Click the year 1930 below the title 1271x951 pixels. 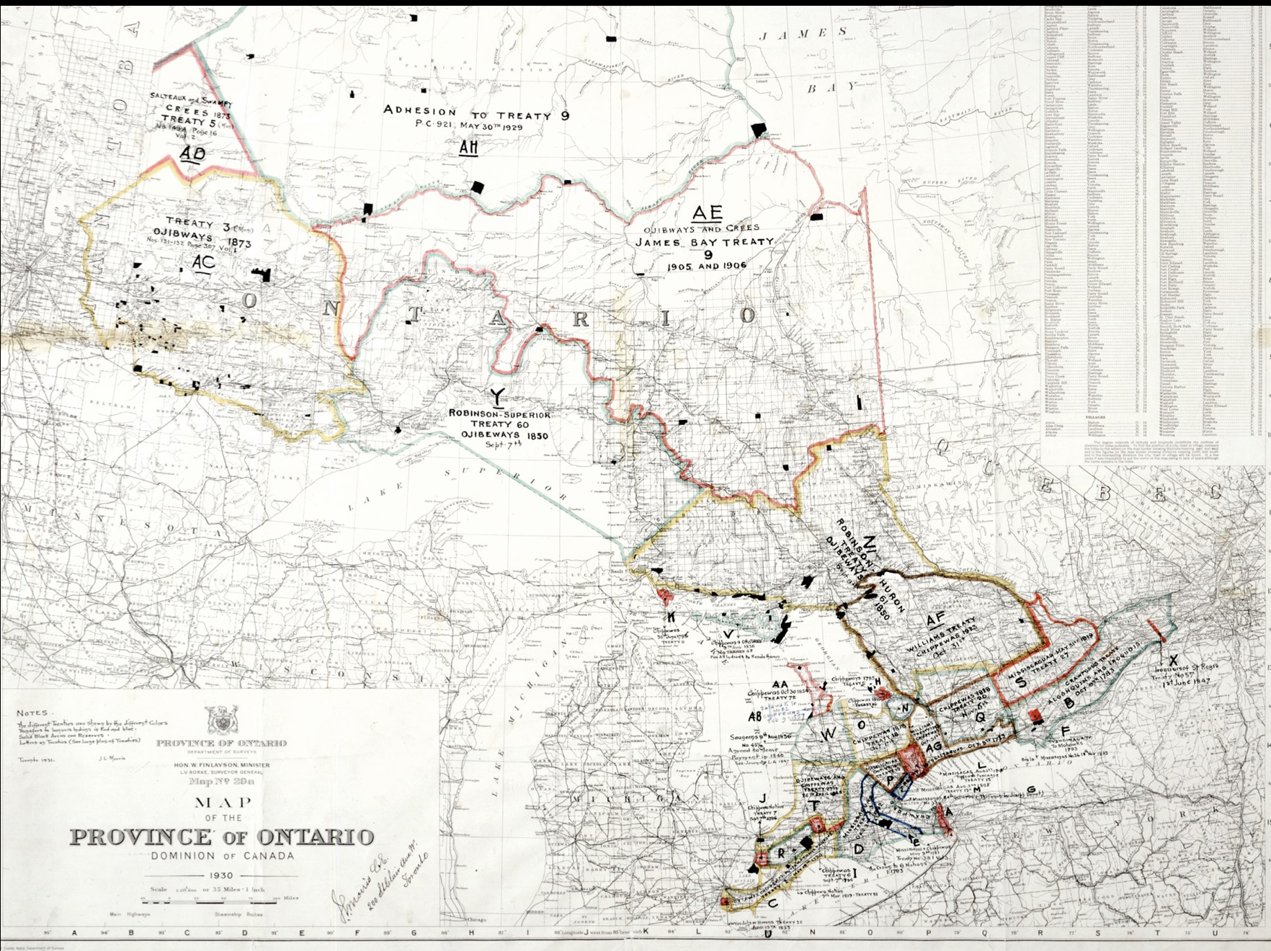tap(222, 875)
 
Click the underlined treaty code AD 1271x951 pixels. tap(192, 153)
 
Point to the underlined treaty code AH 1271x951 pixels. tap(469, 148)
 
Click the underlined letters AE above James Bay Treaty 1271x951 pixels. tap(707, 213)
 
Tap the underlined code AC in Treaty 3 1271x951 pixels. tap(204, 262)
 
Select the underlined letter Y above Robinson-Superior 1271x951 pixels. tap(497, 395)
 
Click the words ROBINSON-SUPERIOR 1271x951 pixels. tap(499, 414)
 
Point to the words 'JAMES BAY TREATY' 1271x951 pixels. tap(704, 242)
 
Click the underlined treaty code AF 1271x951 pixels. tap(935, 620)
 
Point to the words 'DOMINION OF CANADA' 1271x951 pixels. tap(222, 856)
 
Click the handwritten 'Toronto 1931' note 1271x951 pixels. tap(35, 759)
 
